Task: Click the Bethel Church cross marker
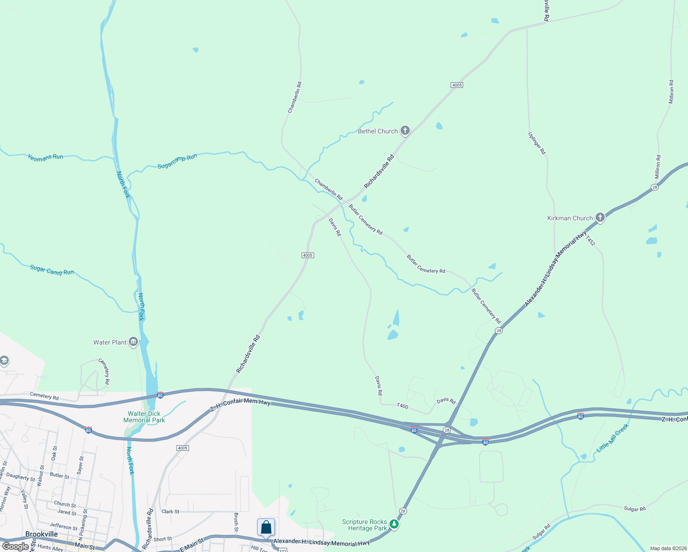[405, 131]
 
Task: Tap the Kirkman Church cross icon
[600, 218]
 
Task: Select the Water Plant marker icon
[133, 342]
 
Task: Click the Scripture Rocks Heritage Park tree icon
[394, 524]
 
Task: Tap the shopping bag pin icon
[266, 527]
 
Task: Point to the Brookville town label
[41, 534]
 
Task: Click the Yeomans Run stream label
[45, 157]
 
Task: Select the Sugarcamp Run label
[177, 161]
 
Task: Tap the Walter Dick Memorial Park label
[144, 417]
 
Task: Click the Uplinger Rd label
[537, 144]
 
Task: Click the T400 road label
[402, 406]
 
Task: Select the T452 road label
[591, 240]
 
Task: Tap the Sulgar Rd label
[635, 509]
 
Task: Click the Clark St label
[170, 512]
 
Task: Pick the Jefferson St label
[63, 526]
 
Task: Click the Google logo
[16, 546]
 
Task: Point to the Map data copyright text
[667, 548]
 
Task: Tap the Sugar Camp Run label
[52, 270]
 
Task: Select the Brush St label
[236, 522]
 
